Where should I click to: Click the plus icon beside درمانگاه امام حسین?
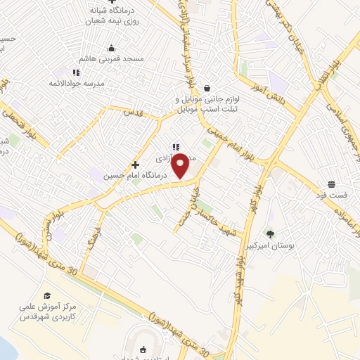click(x=136, y=164)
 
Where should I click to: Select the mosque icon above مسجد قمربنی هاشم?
click(x=111, y=49)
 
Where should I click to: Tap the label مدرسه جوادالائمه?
click(x=75, y=84)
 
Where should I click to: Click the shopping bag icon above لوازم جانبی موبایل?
click(x=207, y=88)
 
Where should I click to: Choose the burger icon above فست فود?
click(x=330, y=184)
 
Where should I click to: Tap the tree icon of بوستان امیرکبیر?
click(x=270, y=233)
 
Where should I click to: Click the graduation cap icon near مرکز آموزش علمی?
click(x=47, y=296)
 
